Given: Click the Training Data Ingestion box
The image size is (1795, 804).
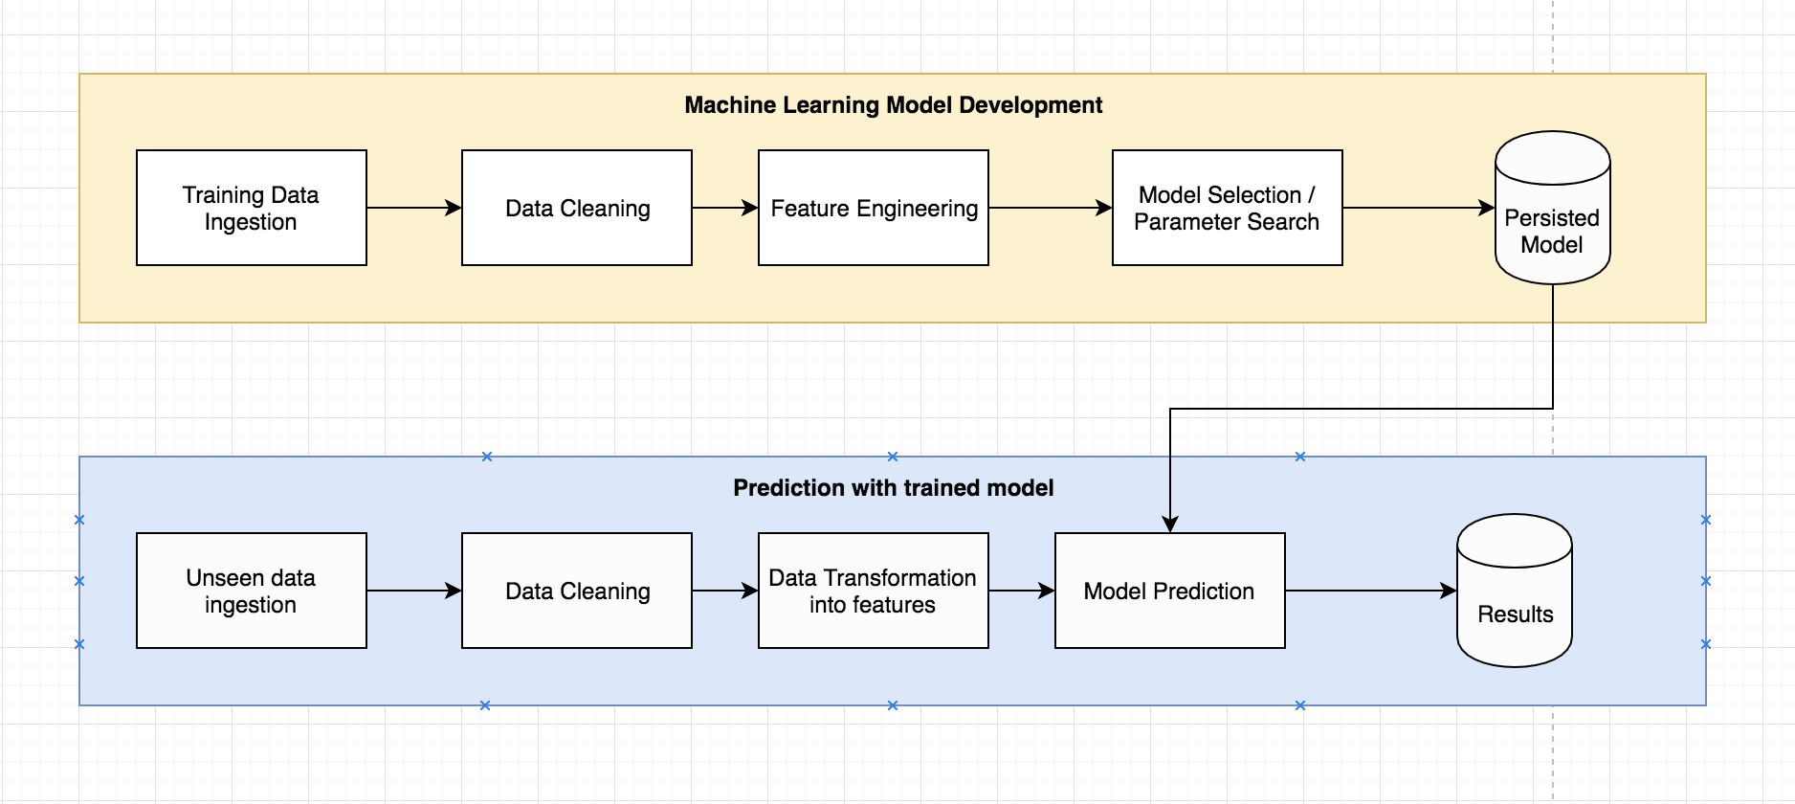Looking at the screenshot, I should click(x=251, y=208).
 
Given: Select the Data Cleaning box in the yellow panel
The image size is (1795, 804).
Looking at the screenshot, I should click(x=576, y=208).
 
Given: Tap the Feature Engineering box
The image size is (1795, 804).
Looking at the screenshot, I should click(x=873, y=208).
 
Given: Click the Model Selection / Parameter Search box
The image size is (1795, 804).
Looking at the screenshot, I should click(x=1227, y=208).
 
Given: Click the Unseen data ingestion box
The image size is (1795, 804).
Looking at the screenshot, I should click(x=251, y=591).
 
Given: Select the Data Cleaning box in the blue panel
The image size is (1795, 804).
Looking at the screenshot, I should click(x=576, y=591).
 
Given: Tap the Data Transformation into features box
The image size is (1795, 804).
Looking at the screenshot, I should click(x=873, y=591).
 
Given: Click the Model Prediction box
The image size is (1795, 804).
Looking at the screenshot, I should click(x=1169, y=591).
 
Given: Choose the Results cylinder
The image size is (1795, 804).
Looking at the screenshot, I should click(x=1515, y=603).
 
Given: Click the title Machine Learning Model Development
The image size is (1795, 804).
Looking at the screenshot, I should click(x=893, y=105).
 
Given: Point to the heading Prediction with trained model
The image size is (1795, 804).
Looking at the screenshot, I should click(x=893, y=488).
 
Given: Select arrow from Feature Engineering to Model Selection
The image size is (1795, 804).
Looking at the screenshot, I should click(x=1050, y=208).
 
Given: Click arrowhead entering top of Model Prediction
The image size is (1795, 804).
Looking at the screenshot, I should click(x=1170, y=524).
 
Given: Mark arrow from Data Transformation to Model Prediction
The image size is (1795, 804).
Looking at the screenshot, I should click(x=1021, y=591).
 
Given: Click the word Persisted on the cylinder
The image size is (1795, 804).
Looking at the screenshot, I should click(x=1551, y=218).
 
